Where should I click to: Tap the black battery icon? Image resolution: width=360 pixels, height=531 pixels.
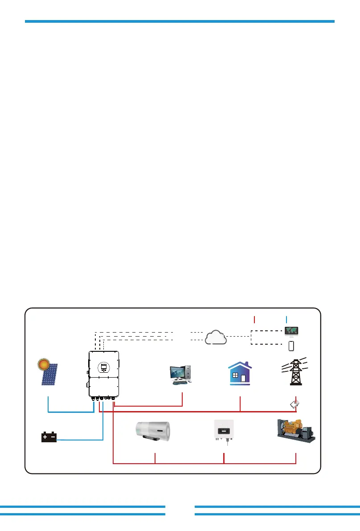(x=49, y=437)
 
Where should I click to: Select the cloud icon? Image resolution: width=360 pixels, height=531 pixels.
(x=215, y=337)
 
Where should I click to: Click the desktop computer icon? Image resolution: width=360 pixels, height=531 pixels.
(x=181, y=375)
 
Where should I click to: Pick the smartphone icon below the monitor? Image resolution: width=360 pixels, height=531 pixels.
(x=291, y=346)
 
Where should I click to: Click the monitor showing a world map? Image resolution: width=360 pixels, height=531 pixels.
(x=291, y=331)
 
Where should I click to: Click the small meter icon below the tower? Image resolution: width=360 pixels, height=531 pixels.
(x=295, y=404)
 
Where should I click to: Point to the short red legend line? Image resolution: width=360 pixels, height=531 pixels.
(x=254, y=319)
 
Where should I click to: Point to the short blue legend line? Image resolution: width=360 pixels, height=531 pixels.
(x=286, y=319)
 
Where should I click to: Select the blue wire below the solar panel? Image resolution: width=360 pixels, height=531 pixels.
(x=67, y=412)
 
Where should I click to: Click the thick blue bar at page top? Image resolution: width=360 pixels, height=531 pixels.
(x=180, y=21)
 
